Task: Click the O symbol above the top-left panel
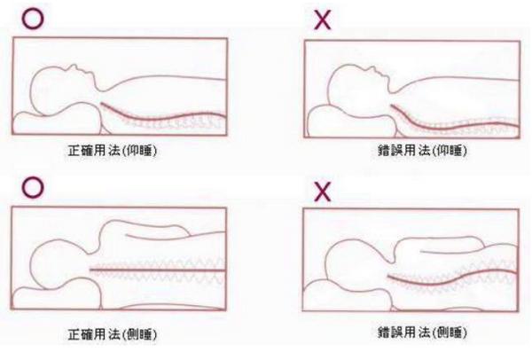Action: tap(33, 17)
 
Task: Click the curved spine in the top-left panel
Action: tap(160, 118)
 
